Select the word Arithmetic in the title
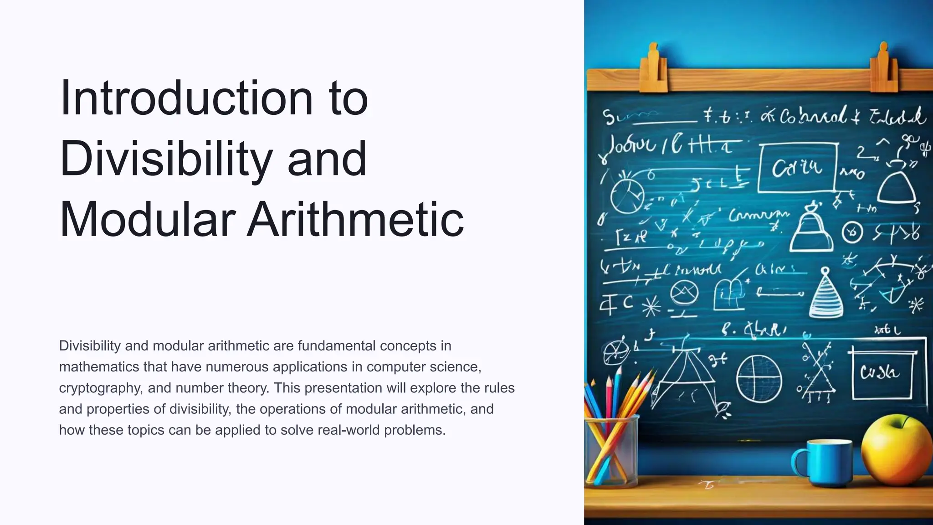[x=355, y=220]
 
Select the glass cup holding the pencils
[x=610, y=451]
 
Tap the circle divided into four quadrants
[x=759, y=379]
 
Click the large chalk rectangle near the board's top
[x=798, y=168]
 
